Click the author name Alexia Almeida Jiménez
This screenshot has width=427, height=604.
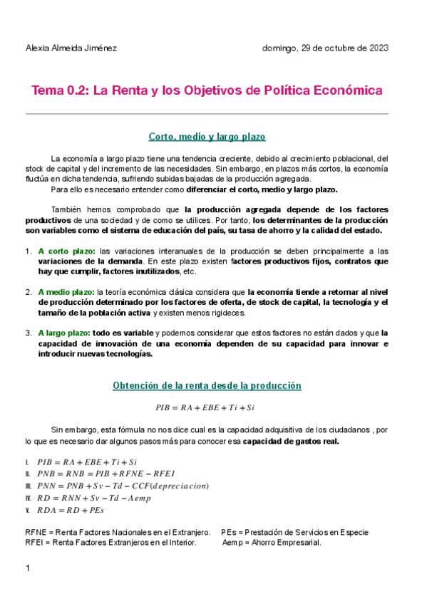(x=71, y=48)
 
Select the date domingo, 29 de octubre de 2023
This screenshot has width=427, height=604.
(x=325, y=48)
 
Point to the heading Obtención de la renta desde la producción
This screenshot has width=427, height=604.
(x=207, y=385)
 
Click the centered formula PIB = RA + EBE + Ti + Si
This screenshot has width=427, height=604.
(x=205, y=408)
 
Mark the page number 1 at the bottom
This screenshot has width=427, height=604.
(x=27, y=568)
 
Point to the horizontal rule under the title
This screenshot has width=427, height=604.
(x=207, y=114)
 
